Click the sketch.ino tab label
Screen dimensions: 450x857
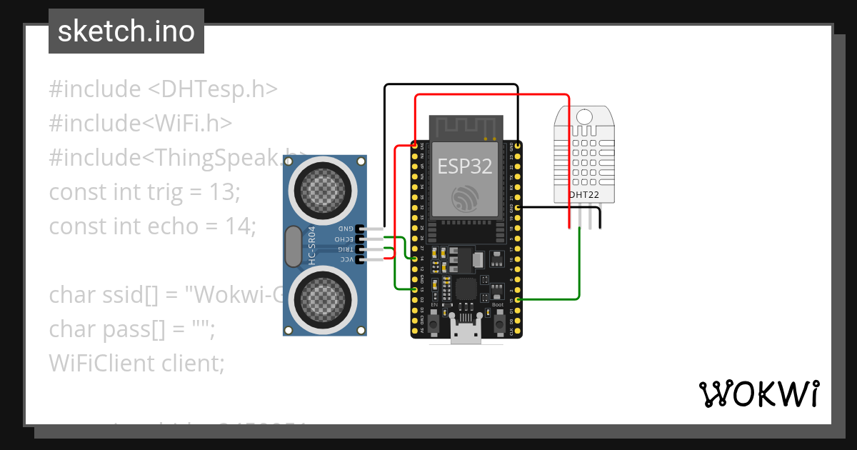click(x=126, y=32)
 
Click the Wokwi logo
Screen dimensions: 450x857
click(x=758, y=394)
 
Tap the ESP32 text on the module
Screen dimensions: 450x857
click(x=465, y=166)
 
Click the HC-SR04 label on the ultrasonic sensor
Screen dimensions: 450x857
click(x=312, y=246)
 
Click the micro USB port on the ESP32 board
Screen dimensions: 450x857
click(x=465, y=333)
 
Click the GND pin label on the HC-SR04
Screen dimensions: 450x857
click(x=346, y=229)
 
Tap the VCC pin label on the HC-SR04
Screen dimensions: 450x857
click(x=346, y=259)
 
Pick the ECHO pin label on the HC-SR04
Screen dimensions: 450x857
click(x=345, y=239)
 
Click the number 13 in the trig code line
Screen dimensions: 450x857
click(x=223, y=192)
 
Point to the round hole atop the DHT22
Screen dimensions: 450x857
click(x=584, y=116)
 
